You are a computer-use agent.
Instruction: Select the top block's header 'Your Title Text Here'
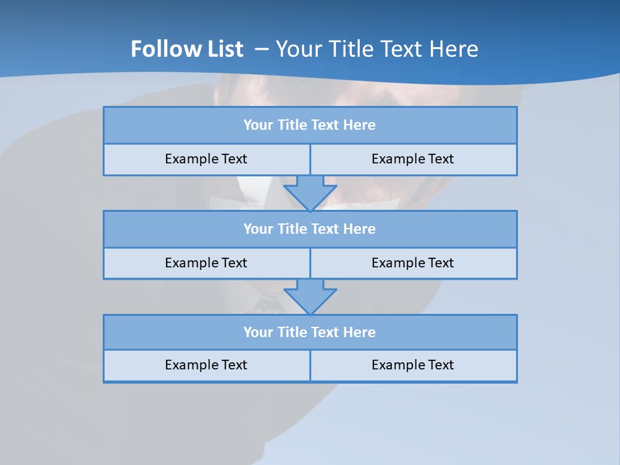click(x=309, y=125)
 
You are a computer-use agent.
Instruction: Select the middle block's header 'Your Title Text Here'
click(x=309, y=229)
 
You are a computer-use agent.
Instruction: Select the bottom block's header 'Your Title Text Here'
click(x=309, y=332)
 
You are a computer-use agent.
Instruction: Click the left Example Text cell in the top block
click(x=206, y=159)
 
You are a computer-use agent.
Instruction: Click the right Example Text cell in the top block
click(x=413, y=159)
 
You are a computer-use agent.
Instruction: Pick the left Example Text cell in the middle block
click(x=206, y=263)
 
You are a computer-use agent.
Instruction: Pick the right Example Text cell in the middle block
click(x=413, y=263)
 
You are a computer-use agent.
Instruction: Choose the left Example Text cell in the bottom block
click(x=206, y=365)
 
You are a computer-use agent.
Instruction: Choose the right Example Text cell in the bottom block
click(x=413, y=365)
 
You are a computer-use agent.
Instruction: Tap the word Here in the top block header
click(x=360, y=125)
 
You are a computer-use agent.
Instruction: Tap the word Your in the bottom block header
click(x=258, y=332)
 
